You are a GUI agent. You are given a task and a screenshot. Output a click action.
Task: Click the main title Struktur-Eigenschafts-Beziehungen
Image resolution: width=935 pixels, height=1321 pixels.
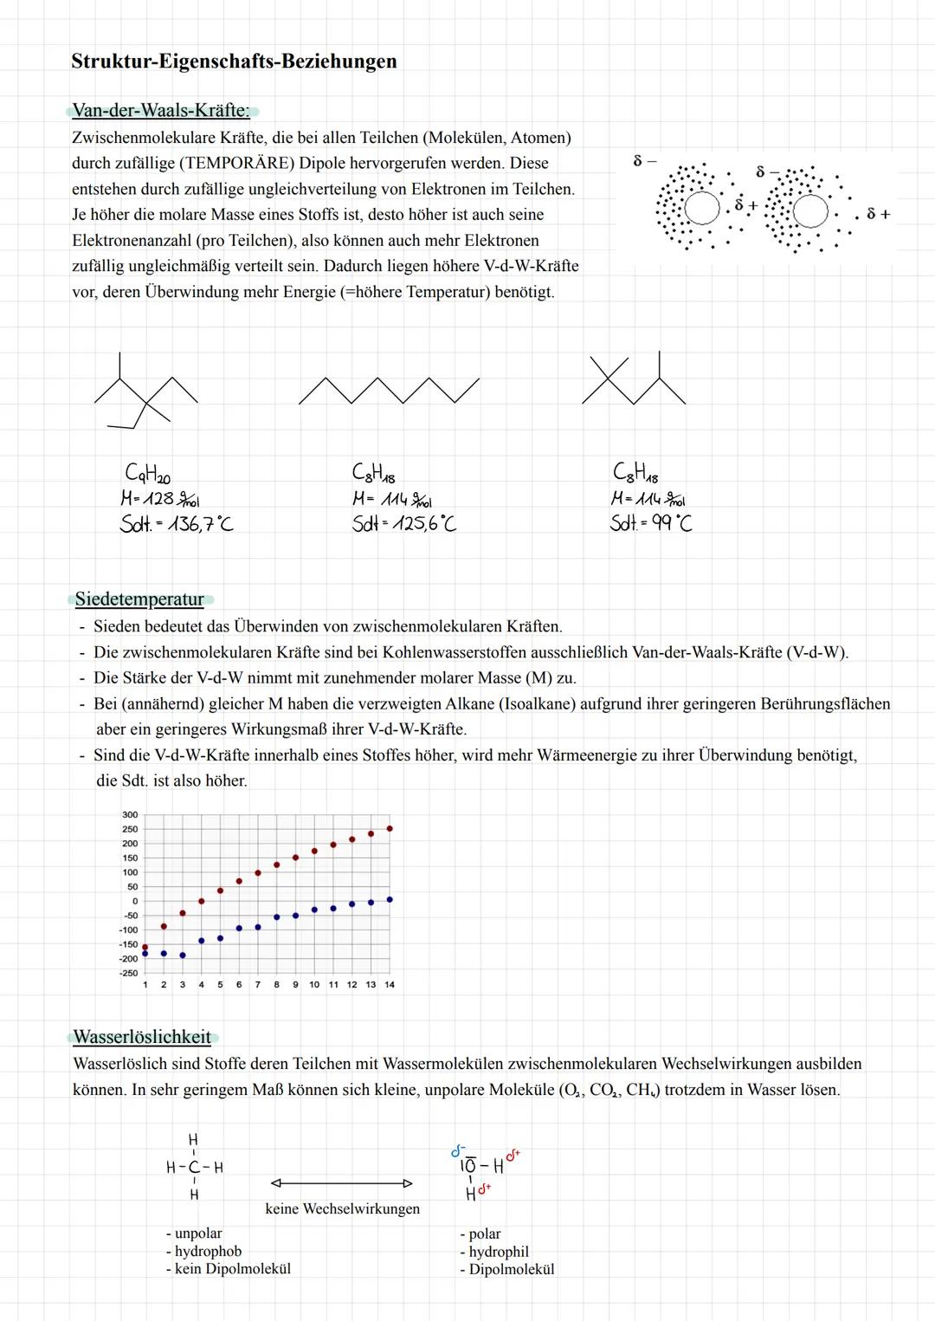point(234,62)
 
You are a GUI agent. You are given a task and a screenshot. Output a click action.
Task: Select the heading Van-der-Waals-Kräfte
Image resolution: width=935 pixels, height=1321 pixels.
point(161,111)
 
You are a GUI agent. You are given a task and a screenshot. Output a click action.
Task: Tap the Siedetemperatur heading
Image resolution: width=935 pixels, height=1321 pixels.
point(139,599)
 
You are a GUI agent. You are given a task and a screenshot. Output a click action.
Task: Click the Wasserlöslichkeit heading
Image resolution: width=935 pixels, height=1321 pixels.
point(142,1038)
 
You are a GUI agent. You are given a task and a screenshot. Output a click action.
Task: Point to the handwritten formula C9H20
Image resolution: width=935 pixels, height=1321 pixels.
point(148,474)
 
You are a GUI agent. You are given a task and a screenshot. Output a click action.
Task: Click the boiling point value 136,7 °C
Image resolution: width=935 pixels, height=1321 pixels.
point(200,524)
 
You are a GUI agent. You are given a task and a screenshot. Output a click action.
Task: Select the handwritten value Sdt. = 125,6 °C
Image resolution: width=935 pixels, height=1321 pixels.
point(403,523)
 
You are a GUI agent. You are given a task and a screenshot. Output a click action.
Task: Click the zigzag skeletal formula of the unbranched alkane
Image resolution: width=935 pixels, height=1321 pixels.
point(389,391)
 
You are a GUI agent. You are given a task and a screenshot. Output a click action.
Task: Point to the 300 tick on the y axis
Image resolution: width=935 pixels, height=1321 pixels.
point(130,815)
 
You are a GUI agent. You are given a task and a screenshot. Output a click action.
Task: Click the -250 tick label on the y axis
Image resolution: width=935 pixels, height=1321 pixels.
point(128,974)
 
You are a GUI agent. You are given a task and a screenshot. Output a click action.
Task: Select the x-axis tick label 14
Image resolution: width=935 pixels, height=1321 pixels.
point(390,985)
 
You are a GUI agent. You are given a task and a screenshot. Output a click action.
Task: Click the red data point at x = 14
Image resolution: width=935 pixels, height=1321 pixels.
point(390,829)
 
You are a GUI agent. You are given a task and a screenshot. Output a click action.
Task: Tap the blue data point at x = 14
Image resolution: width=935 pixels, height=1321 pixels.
point(390,900)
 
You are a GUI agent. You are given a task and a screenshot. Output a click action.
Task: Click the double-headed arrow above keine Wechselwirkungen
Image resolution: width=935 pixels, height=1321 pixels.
point(341,1183)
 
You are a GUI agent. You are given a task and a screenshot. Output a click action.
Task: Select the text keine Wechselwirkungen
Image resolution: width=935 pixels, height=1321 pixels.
point(342,1209)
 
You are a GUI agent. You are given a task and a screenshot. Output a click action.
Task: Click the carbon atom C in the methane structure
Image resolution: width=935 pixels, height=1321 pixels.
point(193,1168)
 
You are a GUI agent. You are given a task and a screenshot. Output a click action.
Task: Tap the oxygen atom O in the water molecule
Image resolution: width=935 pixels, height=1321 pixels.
point(468,1167)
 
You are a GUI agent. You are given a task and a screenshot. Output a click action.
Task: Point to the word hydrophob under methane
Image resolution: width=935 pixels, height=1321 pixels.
point(208,1252)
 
